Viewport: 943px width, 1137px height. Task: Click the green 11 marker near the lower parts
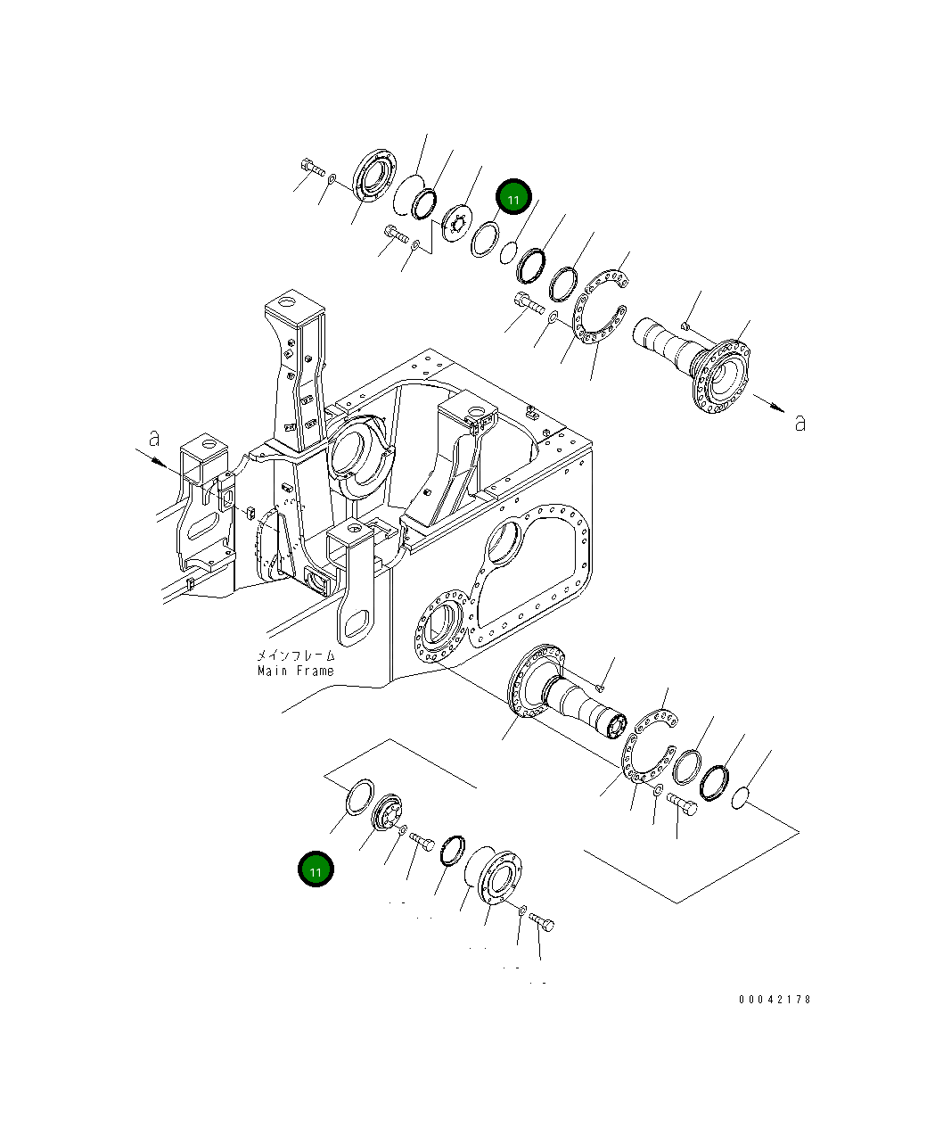coord(316,869)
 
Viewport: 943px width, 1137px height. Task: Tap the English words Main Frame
coord(296,671)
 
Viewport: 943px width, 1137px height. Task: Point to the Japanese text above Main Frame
coord(296,655)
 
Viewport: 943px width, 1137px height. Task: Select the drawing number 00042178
coord(775,999)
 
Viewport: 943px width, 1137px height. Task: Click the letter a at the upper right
coord(799,423)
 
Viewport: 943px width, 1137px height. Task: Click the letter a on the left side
coord(154,438)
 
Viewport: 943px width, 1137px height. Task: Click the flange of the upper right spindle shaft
coord(721,375)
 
